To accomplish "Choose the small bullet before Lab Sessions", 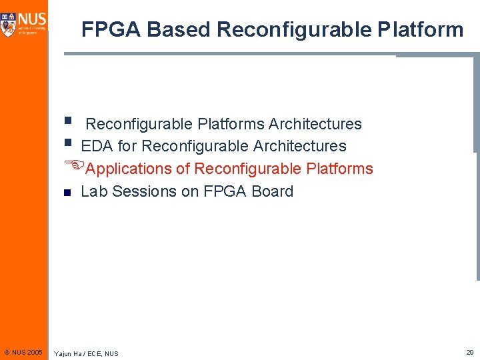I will [67, 193].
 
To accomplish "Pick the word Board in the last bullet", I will [272, 191].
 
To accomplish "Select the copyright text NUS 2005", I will [23, 351].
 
